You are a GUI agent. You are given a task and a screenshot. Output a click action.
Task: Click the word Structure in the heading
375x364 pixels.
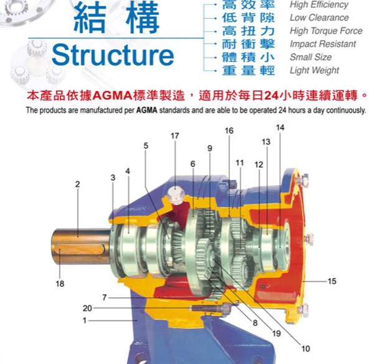(113, 55)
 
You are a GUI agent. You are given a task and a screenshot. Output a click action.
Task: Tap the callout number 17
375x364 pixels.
(175, 136)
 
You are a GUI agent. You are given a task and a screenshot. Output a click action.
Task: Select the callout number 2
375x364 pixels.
(78, 184)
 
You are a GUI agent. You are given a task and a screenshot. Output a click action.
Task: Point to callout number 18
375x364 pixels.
(60, 284)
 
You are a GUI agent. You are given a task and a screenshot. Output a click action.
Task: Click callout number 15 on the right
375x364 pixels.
(332, 281)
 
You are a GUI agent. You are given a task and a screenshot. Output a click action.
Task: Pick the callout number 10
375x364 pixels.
(306, 348)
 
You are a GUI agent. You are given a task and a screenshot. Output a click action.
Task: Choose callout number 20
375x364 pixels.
(87, 308)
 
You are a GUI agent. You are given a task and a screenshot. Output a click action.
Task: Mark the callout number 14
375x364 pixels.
(280, 127)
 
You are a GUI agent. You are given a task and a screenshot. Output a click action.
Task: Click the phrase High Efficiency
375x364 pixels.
(319, 5)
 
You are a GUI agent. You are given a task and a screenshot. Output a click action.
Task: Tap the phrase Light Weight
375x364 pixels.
(315, 70)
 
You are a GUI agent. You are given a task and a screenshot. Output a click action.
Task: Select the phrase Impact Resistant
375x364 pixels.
(323, 44)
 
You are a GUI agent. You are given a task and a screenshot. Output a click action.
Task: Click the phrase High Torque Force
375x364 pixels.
(326, 31)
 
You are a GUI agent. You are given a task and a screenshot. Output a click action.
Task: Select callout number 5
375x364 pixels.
(146, 145)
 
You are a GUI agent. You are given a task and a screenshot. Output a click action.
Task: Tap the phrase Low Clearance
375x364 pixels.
(318, 17)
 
